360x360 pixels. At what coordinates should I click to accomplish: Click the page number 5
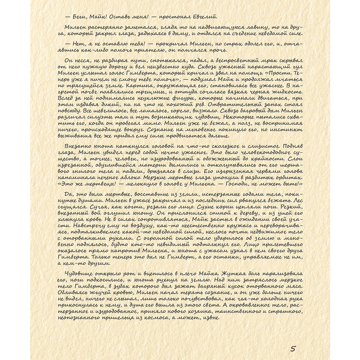pos(293,348)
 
